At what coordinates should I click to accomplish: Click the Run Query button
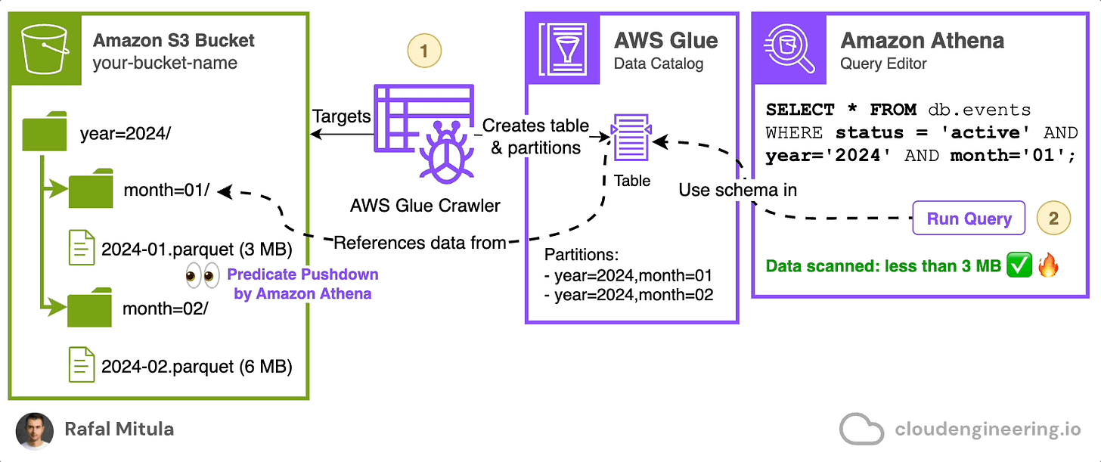pos(969,218)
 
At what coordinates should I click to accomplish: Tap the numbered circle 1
pos(424,51)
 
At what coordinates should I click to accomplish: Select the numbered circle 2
pos(1053,218)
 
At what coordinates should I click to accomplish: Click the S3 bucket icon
pos(45,48)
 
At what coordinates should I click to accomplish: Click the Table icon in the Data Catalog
pos(631,137)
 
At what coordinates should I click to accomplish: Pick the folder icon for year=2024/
pos(44,131)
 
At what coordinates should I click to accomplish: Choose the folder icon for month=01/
pos(91,188)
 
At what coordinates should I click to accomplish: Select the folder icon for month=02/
pos(89,307)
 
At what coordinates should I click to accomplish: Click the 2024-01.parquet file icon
pos(82,248)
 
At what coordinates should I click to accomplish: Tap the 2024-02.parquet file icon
pos(82,364)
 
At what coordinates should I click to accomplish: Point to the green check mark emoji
pos(1019,265)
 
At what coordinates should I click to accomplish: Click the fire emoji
pos(1048,265)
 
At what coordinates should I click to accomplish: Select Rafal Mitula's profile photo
pos(35,431)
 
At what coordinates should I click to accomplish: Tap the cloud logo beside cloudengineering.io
pos(861,429)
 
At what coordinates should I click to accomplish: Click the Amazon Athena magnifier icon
pos(789,48)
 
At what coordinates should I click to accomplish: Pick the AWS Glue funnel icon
pos(563,48)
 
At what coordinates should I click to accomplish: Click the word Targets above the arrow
pos(342,116)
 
